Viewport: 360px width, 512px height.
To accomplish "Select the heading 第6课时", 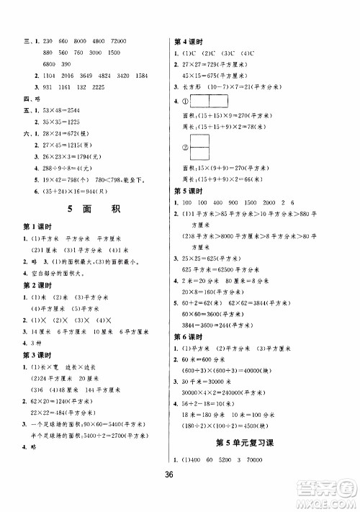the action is point(189,336).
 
